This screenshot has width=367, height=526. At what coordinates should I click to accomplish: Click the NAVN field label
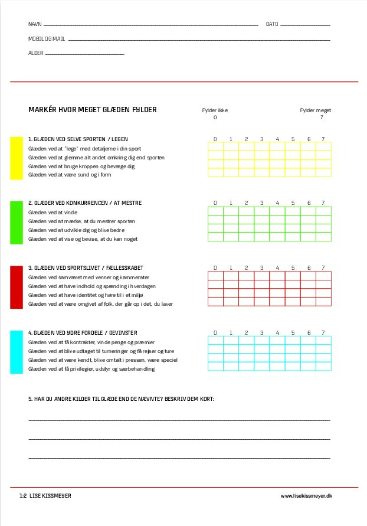click(35, 24)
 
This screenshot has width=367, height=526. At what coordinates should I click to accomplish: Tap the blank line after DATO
click(305, 26)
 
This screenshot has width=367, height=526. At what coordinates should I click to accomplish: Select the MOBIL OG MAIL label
click(47, 39)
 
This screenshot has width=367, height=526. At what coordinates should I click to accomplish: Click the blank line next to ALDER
click(84, 54)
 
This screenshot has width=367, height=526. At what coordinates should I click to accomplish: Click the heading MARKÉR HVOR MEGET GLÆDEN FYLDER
click(93, 110)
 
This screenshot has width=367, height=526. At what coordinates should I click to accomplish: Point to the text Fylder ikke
click(215, 110)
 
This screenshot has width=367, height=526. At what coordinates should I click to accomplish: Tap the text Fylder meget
click(316, 110)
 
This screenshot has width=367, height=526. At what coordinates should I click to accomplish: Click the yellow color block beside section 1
click(17, 158)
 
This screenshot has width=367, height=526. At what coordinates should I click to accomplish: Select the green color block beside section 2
click(17, 223)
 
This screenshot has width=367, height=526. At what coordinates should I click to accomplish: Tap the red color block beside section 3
click(17, 287)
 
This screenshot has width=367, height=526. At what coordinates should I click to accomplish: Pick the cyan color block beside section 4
click(17, 352)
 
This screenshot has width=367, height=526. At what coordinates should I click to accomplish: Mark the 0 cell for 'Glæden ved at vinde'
click(215, 211)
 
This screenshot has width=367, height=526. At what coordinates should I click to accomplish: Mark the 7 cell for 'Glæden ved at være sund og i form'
click(323, 173)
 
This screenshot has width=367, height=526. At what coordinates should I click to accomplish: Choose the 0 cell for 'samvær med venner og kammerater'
click(215, 276)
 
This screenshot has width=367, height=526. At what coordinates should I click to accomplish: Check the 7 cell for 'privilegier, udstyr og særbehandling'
click(323, 367)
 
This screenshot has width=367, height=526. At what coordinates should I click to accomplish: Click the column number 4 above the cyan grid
click(277, 333)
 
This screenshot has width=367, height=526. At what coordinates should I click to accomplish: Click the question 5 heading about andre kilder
click(122, 399)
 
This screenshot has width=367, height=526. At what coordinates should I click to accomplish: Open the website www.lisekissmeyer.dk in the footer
click(306, 496)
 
